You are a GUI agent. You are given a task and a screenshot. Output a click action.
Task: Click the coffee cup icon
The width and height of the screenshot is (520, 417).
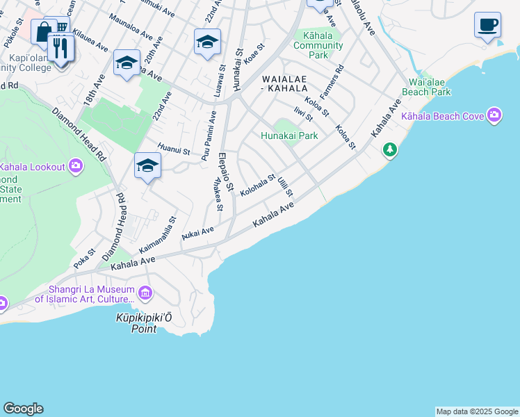click(487, 24)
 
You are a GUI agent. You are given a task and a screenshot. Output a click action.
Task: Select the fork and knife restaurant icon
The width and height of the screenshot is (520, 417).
click(60, 47)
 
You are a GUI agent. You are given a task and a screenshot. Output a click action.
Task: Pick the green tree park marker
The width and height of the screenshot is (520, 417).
click(390, 149)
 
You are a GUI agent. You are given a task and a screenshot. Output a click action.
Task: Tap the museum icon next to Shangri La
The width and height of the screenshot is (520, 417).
click(145, 293)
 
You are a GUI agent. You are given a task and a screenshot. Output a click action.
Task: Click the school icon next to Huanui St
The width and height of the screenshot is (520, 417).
click(147, 166)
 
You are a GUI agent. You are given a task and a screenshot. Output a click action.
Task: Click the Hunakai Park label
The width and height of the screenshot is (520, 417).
click(289, 136)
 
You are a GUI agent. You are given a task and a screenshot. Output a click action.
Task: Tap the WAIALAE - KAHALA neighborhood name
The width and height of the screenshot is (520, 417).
click(284, 83)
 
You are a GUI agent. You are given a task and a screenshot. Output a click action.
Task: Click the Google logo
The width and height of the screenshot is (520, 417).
click(23, 409)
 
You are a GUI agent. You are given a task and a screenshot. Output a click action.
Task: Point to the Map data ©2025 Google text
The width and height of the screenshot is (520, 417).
click(476, 411)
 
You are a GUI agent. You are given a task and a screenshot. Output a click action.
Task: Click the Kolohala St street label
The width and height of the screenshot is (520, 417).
click(257, 185)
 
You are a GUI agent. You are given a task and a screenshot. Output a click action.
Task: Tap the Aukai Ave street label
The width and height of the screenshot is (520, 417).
click(197, 233)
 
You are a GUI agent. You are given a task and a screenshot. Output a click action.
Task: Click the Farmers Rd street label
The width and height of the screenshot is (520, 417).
click(332, 80)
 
